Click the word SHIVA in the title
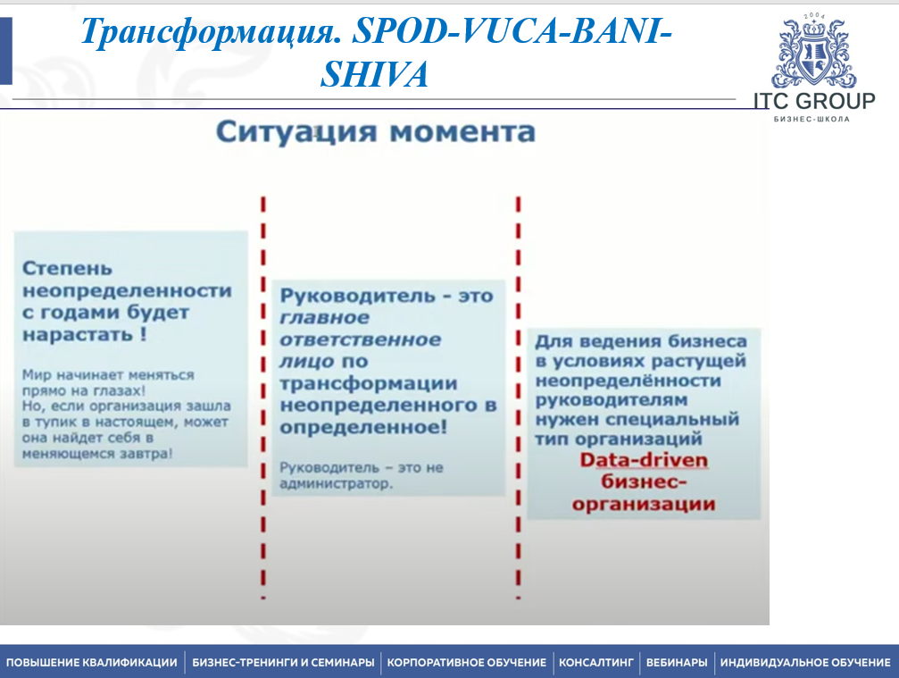tap(374, 75)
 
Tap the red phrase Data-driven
tap(644, 461)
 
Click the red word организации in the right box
tap(644, 504)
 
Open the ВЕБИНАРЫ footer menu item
tap(677, 662)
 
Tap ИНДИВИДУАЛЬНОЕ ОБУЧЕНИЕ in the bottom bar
tap(805, 662)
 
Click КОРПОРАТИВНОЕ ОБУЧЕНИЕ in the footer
tap(467, 662)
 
